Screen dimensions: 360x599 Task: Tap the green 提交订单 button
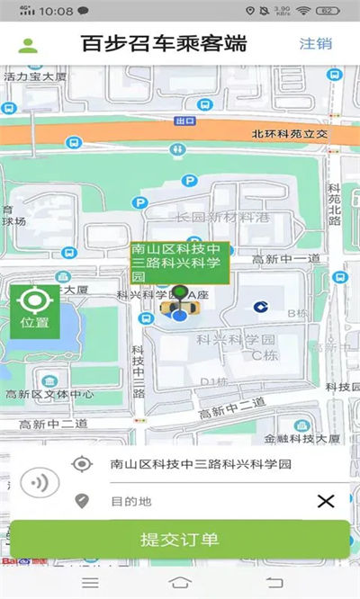tap(180, 540)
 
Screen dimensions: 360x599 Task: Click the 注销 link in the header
tap(316, 43)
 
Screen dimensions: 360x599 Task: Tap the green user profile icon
tap(29, 45)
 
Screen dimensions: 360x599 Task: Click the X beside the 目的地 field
tap(326, 501)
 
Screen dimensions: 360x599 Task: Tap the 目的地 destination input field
tap(207, 501)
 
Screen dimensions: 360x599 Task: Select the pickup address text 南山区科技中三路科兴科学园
tap(201, 464)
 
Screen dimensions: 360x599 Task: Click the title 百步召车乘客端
tap(164, 43)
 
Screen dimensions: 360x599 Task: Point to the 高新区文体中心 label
tap(50, 393)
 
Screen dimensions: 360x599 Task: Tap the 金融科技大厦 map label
tap(302, 439)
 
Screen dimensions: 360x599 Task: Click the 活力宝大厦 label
tap(36, 77)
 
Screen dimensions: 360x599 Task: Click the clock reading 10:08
tap(57, 12)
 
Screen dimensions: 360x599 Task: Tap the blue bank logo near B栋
tap(259, 307)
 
